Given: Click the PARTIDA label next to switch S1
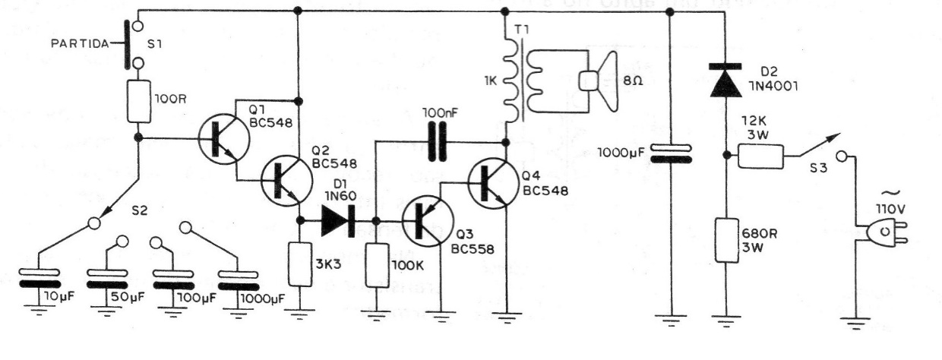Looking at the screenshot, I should tap(80, 44).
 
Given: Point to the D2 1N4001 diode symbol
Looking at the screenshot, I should tap(725, 81).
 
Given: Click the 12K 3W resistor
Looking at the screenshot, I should tap(761, 157).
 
